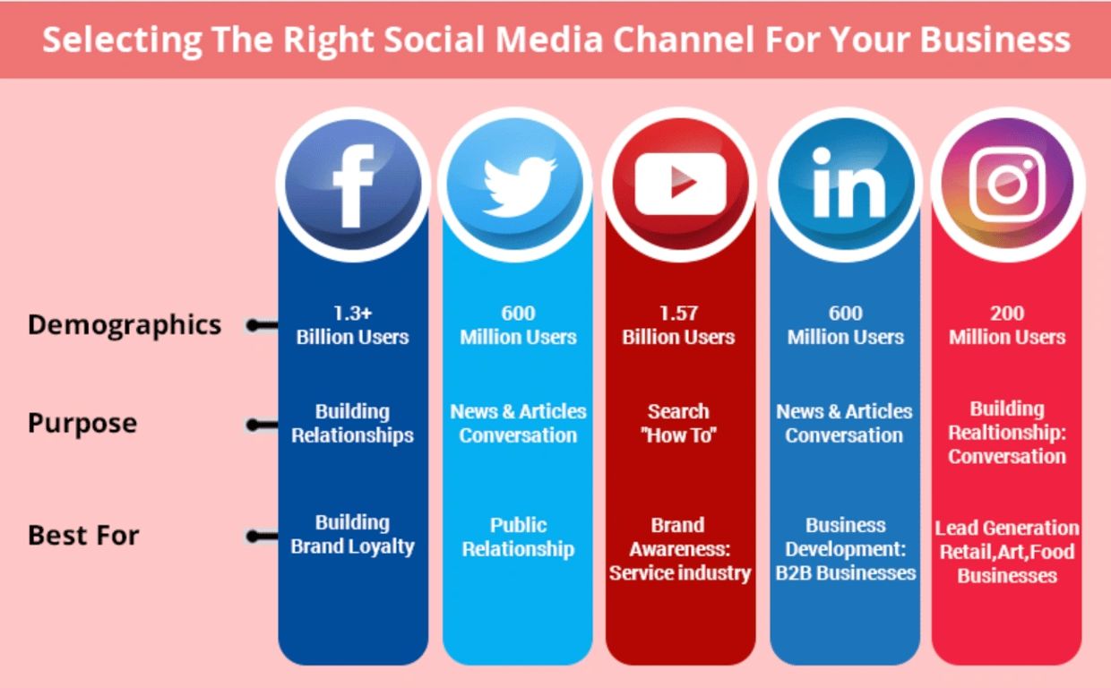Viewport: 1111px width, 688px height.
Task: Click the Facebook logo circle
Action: click(x=352, y=184)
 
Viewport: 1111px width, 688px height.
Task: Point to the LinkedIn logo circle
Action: click(x=845, y=184)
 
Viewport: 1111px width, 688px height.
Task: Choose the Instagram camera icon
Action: click(x=1007, y=184)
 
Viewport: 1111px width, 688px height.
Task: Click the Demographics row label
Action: click(x=125, y=324)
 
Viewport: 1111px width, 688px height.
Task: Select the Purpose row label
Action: click(x=82, y=423)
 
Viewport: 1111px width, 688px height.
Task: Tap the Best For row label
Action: click(x=83, y=536)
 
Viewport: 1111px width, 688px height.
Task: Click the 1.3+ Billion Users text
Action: click(x=352, y=325)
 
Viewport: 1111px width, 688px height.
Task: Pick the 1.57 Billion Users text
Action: click(x=678, y=325)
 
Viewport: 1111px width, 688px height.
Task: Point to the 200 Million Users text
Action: click(x=1007, y=325)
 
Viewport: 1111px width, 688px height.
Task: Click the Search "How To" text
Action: click(x=678, y=423)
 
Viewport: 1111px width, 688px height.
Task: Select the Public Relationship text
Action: click(x=518, y=537)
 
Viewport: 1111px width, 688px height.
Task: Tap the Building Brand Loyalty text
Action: click(x=352, y=534)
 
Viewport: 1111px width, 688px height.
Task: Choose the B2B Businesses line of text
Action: click(x=845, y=572)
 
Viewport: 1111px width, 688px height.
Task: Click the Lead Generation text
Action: click(x=1007, y=528)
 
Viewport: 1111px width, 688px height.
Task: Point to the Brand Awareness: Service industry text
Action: click(x=678, y=548)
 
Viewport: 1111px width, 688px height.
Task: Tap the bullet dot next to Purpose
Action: click(x=253, y=425)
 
